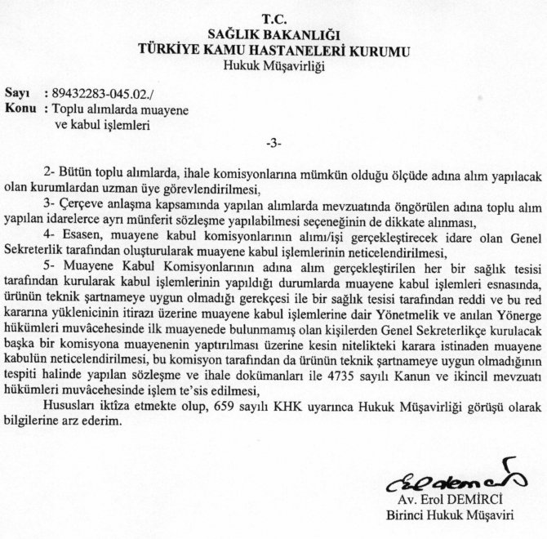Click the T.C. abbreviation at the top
(x=273, y=18)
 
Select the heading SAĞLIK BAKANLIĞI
(x=273, y=33)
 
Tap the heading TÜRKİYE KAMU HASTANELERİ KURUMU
(x=273, y=49)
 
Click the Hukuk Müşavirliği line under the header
(x=273, y=65)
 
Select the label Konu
(x=21, y=109)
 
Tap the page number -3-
(x=273, y=145)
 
